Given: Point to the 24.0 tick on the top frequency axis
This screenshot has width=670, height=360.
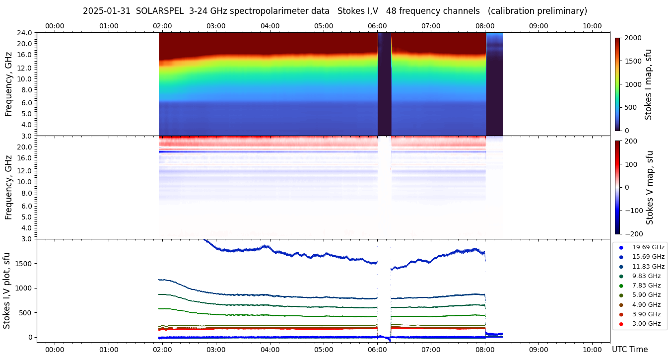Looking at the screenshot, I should pyautogui.click(x=25, y=33).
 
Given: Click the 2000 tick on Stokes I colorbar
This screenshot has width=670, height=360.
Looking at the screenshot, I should pyautogui.click(x=632, y=38).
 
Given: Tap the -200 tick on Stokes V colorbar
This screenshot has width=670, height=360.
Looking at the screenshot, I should pyautogui.click(x=633, y=234).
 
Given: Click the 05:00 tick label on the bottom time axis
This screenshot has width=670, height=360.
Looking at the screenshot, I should pyautogui.click(x=324, y=350).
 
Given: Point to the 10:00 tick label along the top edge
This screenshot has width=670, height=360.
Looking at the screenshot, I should pyautogui.click(x=592, y=26).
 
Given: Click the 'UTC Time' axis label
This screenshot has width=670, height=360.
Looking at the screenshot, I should pyautogui.click(x=629, y=350).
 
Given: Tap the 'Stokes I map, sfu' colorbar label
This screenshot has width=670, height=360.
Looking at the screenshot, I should pyautogui.click(x=649, y=84).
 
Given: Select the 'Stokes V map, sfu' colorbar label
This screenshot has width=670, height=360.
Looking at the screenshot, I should pyautogui.click(x=650, y=188).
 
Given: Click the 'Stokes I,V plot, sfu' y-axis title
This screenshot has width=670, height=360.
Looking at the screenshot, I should pyautogui.click(x=7, y=290).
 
